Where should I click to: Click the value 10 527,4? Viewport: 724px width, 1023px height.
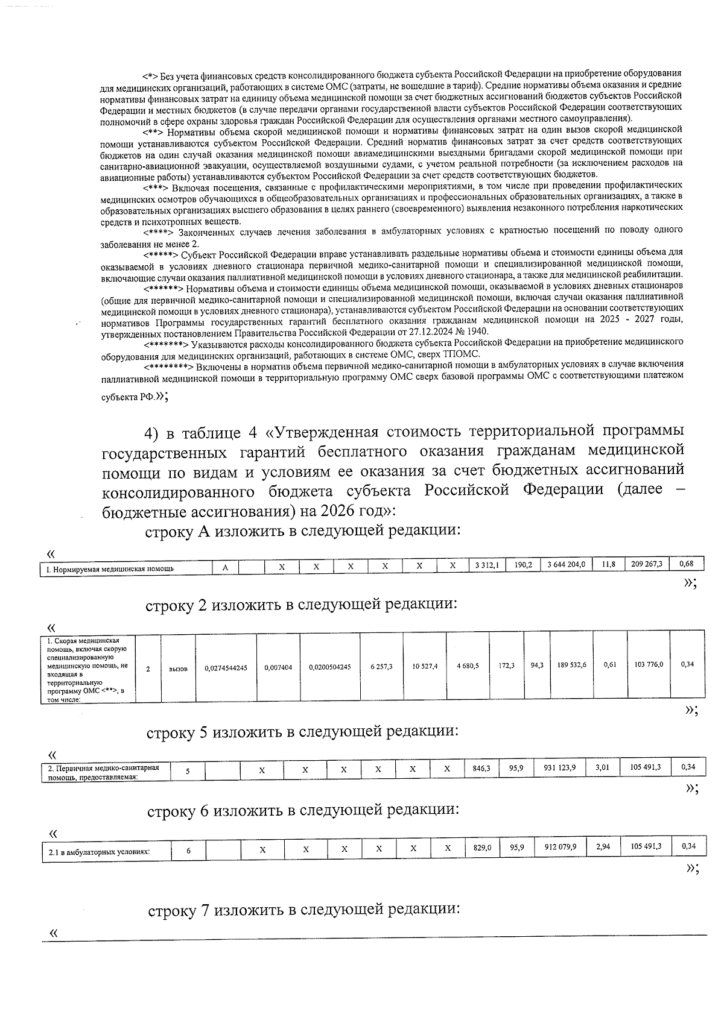(425, 666)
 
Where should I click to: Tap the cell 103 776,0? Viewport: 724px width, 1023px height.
(649, 664)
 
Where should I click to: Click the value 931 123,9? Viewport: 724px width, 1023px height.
(562, 767)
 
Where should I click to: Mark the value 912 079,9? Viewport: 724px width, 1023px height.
(560, 846)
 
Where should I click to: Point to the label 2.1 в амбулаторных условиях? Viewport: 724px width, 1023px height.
(99, 852)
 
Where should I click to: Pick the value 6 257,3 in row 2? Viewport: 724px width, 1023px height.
(381, 667)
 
